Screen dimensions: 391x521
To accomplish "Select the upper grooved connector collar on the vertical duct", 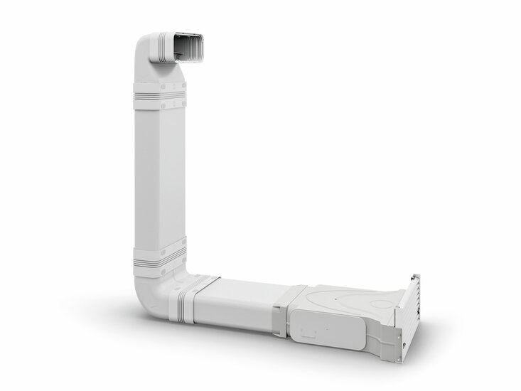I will pos(159,95).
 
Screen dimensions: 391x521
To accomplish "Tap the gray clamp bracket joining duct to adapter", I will pos(295,309).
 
